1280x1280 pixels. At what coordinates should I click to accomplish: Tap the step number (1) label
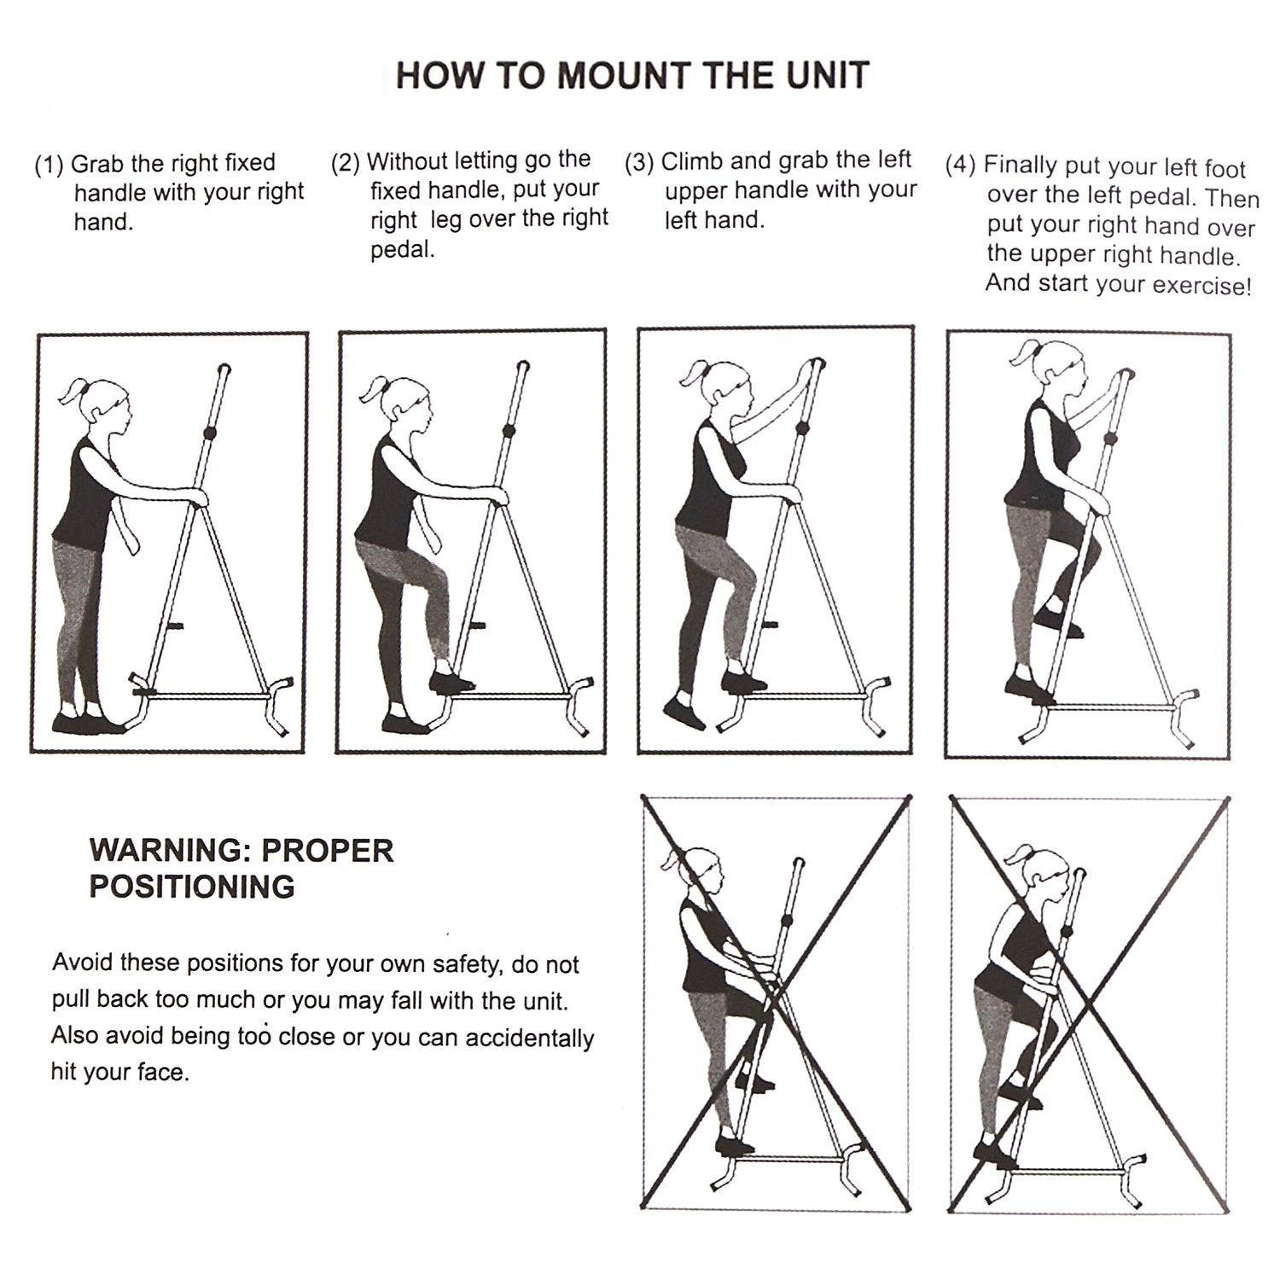click(x=49, y=164)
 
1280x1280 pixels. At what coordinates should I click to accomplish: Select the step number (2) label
click(x=346, y=162)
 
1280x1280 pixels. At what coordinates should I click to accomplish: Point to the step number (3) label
click(x=640, y=162)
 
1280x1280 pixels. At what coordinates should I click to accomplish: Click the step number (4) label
click(x=961, y=166)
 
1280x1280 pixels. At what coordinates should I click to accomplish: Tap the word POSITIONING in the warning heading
click(x=192, y=887)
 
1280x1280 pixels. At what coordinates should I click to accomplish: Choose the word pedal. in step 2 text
click(x=402, y=252)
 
